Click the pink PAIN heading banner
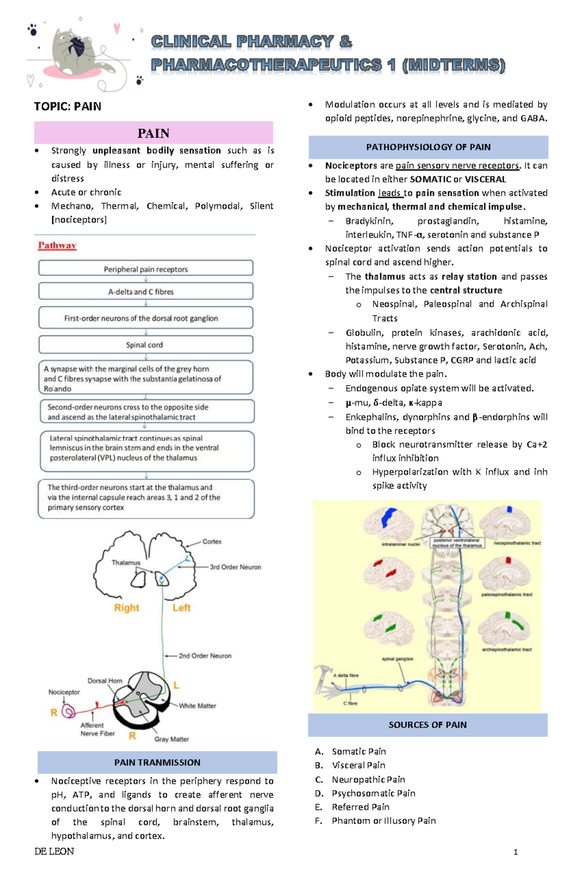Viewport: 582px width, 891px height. coord(153,133)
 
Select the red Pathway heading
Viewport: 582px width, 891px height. coord(57,246)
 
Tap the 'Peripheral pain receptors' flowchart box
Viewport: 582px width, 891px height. coord(145,269)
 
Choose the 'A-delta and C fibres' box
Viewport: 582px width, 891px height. coord(145,292)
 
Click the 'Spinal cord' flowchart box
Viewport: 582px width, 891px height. coord(145,345)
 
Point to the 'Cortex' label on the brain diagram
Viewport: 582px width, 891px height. coord(212,541)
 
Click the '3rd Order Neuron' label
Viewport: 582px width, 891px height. coord(235,567)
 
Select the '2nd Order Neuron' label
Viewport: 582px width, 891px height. coord(205,656)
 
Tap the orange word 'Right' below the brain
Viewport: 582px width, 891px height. coord(127,608)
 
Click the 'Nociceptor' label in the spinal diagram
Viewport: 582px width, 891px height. coord(64,692)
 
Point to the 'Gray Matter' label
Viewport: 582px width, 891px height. coord(172,739)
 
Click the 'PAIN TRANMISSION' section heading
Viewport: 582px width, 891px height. coord(157,762)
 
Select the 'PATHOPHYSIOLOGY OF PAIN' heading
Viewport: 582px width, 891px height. coord(428,147)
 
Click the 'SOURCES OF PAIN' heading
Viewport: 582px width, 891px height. coord(428,725)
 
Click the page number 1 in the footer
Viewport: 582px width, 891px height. coord(516,852)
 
